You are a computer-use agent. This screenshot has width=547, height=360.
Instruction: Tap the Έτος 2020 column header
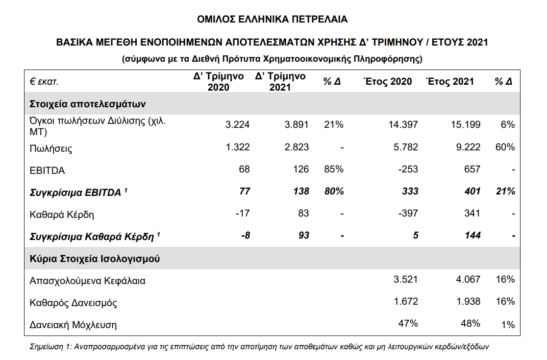click(388, 81)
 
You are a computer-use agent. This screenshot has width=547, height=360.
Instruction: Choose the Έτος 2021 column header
click(450, 81)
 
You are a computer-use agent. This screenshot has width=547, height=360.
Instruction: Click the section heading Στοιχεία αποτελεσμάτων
click(88, 104)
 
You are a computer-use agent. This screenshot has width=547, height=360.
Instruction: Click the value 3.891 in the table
click(297, 124)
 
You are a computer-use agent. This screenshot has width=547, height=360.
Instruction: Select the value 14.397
click(404, 124)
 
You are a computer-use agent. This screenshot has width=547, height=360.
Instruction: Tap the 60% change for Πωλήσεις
click(505, 147)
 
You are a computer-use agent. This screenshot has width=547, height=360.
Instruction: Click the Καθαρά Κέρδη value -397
click(408, 214)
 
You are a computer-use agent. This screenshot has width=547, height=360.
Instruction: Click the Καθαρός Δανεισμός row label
click(74, 303)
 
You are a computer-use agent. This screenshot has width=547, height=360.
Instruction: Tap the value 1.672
click(406, 301)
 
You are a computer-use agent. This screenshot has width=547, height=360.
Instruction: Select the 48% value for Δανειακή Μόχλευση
click(470, 323)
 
